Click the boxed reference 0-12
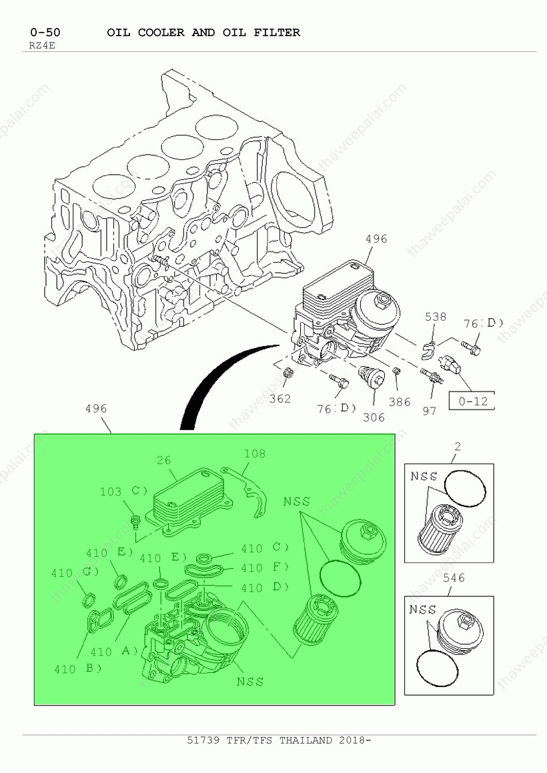coord(472,402)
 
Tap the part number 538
coord(436,317)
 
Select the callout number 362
coord(280,398)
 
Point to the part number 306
coord(374,418)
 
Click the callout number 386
coord(400,402)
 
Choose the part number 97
coord(429,411)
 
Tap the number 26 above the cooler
coord(163,460)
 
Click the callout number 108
coord(255,454)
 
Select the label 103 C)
coord(124,492)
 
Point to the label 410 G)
coord(75,573)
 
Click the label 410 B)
coord(77,669)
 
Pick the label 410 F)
coord(265,568)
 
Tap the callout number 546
coord(454,578)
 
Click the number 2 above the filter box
coord(458,447)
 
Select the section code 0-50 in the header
coord(45,33)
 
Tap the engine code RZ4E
coord(39,46)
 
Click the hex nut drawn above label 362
coord(290,372)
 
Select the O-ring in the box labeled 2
coord(465,488)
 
